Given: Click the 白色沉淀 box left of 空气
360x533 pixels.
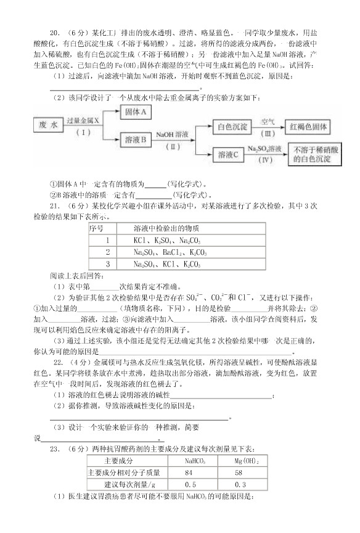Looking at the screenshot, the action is [232, 128].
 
